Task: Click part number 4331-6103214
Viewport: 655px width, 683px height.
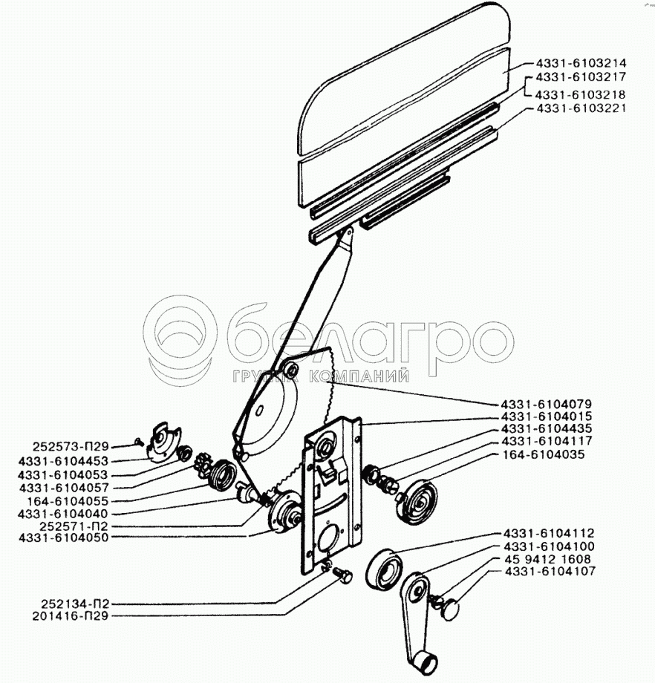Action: [x=580, y=64]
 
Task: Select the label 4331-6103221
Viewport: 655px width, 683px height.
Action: [x=580, y=108]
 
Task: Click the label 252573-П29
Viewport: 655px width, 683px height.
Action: [x=71, y=447]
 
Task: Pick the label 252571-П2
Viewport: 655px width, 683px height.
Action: [x=71, y=524]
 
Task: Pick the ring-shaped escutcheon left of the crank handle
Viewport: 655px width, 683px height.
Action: [x=385, y=568]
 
